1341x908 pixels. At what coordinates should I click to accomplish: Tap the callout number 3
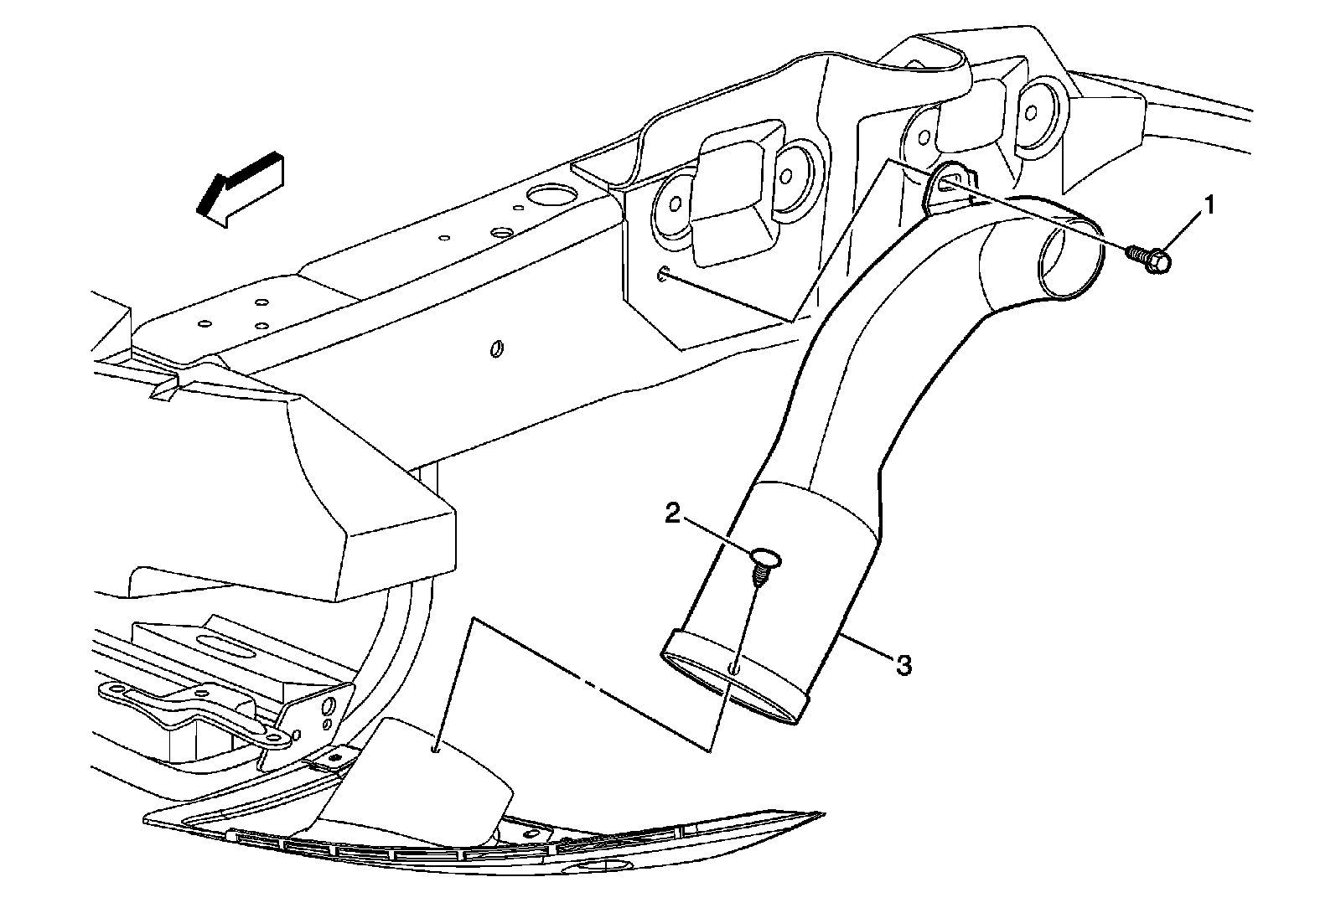pos(903,666)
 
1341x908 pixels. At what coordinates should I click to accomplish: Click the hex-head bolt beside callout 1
pos(1151,258)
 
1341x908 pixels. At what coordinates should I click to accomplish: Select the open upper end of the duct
pos(1069,255)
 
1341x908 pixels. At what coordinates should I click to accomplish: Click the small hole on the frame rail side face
pos(495,347)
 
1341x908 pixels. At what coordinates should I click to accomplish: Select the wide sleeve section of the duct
pos(784,586)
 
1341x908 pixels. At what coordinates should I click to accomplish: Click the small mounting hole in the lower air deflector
pos(436,748)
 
